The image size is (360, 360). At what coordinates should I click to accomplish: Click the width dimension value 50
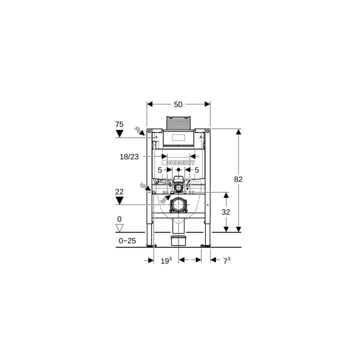point(178,104)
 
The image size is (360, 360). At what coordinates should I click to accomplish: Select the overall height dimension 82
point(238,179)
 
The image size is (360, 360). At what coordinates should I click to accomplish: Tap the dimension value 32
point(225,212)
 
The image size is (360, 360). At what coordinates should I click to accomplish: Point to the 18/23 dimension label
point(129,157)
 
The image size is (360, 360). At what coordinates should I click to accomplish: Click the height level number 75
point(119,124)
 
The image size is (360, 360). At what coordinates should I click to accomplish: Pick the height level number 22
point(119,191)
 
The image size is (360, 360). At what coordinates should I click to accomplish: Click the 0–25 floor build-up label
point(127,240)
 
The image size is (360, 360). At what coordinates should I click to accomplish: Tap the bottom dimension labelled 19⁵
point(166,260)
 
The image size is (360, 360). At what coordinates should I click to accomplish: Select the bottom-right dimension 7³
point(227,260)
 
